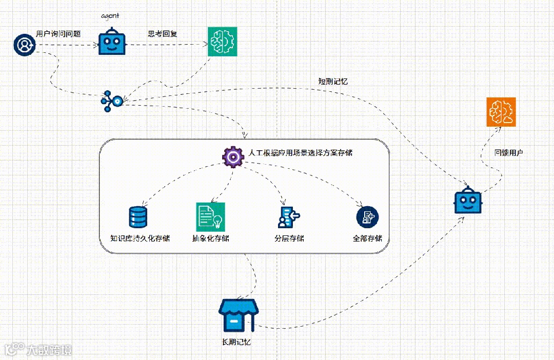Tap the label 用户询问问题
(58, 34)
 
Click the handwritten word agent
(110, 16)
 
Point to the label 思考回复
(163, 34)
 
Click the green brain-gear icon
(223, 42)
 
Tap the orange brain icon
(501, 112)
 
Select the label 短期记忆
(333, 81)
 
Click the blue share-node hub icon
(112, 101)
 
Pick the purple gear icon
(232, 157)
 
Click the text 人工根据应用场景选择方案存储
(300, 153)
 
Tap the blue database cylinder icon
(138, 217)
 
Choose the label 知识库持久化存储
(140, 238)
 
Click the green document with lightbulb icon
(210, 216)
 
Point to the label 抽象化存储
(210, 238)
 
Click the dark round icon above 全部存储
(367, 217)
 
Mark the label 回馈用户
(508, 153)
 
